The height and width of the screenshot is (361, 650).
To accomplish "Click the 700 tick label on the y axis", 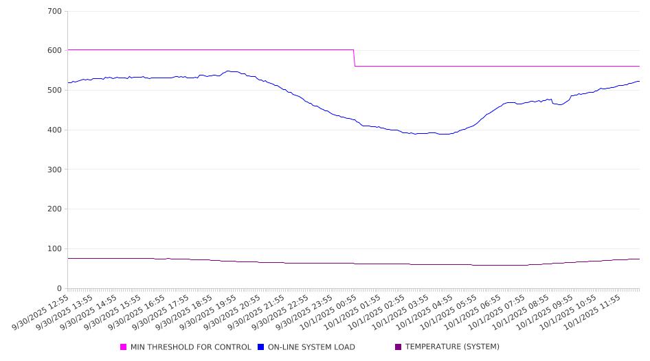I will tap(55, 12).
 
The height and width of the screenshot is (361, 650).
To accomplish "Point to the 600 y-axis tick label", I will tap(55, 51).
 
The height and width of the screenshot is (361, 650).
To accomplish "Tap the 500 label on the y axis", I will tap(55, 91).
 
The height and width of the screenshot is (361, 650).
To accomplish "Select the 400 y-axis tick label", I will tap(55, 130).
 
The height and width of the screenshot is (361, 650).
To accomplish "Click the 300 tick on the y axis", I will tap(55, 170).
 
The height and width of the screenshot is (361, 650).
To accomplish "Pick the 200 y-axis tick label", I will tap(55, 209).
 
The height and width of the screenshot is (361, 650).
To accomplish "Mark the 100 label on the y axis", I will tap(55, 249).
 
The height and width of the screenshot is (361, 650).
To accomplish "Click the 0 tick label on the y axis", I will tap(59, 289).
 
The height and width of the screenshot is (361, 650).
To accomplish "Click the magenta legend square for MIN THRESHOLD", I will tap(124, 347).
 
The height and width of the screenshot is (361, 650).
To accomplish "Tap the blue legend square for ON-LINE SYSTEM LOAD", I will tap(261, 347).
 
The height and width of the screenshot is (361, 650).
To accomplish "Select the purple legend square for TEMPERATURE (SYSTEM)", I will tap(399, 347).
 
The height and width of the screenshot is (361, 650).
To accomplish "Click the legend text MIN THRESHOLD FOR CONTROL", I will tap(190, 347).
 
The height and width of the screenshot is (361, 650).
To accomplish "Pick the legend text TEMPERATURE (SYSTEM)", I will tap(452, 347).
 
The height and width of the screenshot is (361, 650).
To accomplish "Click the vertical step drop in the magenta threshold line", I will tap(354, 58).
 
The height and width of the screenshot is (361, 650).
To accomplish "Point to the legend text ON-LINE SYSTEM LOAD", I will tap(311, 347).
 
